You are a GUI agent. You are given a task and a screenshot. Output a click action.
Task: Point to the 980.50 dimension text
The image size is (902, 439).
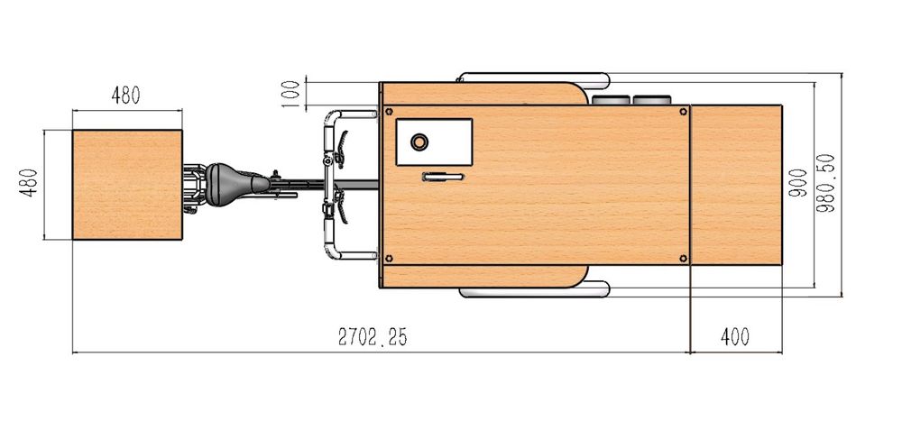pyautogui.click(x=826, y=184)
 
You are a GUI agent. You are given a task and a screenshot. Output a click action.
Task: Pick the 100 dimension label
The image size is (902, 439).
pyautogui.click(x=290, y=94)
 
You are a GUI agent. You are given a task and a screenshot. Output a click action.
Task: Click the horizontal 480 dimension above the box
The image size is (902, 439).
pyautogui.click(x=126, y=96)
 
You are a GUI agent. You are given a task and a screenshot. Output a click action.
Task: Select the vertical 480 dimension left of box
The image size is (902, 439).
pyautogui.click(x=29, y=184)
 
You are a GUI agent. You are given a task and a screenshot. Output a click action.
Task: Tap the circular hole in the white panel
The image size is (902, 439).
pyautogui.click(x=419, y=142)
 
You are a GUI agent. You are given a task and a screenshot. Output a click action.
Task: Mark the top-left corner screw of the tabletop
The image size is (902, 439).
pyautogui.click(x=389, y=113)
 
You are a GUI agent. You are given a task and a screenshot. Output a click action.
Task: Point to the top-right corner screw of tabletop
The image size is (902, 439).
pyautogui.click(x=682, y=113)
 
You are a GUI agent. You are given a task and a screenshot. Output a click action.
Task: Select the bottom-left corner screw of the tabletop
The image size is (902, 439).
pyautogui.click(x=389, y=259)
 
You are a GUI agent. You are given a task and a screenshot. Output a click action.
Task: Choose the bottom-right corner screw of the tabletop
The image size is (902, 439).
pyautogui.click(x=682, y=259)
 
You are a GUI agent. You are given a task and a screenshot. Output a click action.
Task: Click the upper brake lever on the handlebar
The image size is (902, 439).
pyautogui.click(x=342, y=146)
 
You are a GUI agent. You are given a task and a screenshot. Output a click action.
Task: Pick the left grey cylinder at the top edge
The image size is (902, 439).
pyautogui.click(x=612, y=99)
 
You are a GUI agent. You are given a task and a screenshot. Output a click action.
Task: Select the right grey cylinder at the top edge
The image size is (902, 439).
pyautogui.click(x=651, y=99)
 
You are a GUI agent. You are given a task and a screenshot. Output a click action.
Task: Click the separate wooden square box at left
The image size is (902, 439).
pyautogui.click(x=127, y=185)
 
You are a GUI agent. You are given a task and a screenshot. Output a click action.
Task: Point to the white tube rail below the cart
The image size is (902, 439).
pyautogui.click(x=532, y=292)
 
